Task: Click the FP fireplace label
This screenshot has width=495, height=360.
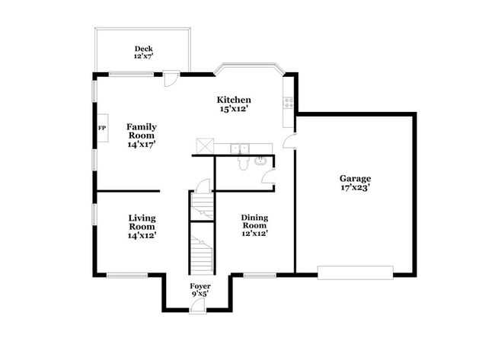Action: click(x=101, y=127)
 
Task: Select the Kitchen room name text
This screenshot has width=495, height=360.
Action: click(x=234, y=100)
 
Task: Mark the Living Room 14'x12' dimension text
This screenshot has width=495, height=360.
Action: click(x=142, y=236)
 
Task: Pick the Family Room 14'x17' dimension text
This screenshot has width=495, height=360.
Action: click(x=142, y=145)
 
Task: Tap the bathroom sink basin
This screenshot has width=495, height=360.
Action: click(x=260, y=161)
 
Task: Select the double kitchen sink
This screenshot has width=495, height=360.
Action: click(x=241, y=148)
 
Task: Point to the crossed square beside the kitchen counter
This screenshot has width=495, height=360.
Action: click(x=204, y=145)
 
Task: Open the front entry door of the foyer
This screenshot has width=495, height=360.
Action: click(x=198, y=304)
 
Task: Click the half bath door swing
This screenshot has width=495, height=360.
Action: click(x=268, y=178)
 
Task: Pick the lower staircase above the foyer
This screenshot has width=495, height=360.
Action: click(x=201, y=253)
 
